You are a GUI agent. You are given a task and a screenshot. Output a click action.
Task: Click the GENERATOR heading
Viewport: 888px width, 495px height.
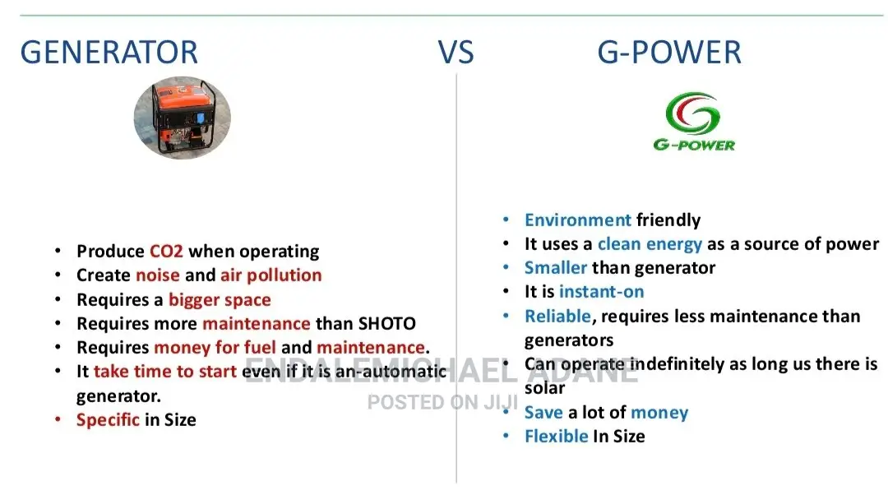pos(109,52)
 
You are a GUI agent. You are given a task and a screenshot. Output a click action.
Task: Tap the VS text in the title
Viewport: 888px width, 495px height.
pos(456,52)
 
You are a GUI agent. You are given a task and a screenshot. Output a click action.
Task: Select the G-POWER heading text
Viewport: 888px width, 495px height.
pos(668,52)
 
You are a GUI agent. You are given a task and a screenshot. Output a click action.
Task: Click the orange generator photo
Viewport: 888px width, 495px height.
pos(183,118)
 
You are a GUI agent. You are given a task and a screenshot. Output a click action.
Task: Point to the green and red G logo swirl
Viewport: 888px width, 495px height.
pos(692,113)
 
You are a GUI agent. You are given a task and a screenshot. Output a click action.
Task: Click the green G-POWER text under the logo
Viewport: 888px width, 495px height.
pos(694,145)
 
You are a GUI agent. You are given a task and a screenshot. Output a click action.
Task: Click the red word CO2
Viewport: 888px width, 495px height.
pos(166,251)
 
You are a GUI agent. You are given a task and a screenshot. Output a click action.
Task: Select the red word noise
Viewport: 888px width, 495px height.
pos(157,275)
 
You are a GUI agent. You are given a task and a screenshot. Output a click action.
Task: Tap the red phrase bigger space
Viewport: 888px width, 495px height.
pos(220,299)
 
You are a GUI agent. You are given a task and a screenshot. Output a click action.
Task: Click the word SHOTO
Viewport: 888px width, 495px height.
pos(387,323)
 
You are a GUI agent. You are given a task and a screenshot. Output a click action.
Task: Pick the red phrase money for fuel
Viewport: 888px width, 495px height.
pos(215,347)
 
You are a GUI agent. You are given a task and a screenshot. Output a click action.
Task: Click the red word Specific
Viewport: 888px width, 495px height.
pos(108,419)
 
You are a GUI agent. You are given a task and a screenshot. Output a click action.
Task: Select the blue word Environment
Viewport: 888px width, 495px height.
pos(578,220)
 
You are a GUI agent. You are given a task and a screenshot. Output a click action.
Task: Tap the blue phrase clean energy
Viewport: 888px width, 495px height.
pos(650,244)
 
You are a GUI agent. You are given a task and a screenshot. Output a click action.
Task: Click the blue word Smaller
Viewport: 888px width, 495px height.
pos(556,267)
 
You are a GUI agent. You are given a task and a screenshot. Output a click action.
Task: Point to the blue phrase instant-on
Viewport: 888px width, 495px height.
pos(601,292)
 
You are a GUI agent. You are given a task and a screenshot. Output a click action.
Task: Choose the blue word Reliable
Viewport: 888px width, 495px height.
pos(557,316)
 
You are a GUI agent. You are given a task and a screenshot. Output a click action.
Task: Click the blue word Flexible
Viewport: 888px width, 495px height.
pos(556,436)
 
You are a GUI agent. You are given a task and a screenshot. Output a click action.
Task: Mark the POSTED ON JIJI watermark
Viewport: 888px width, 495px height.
pos(443,403)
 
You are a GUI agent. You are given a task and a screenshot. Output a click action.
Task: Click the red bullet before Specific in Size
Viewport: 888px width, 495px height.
pos(58,419)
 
